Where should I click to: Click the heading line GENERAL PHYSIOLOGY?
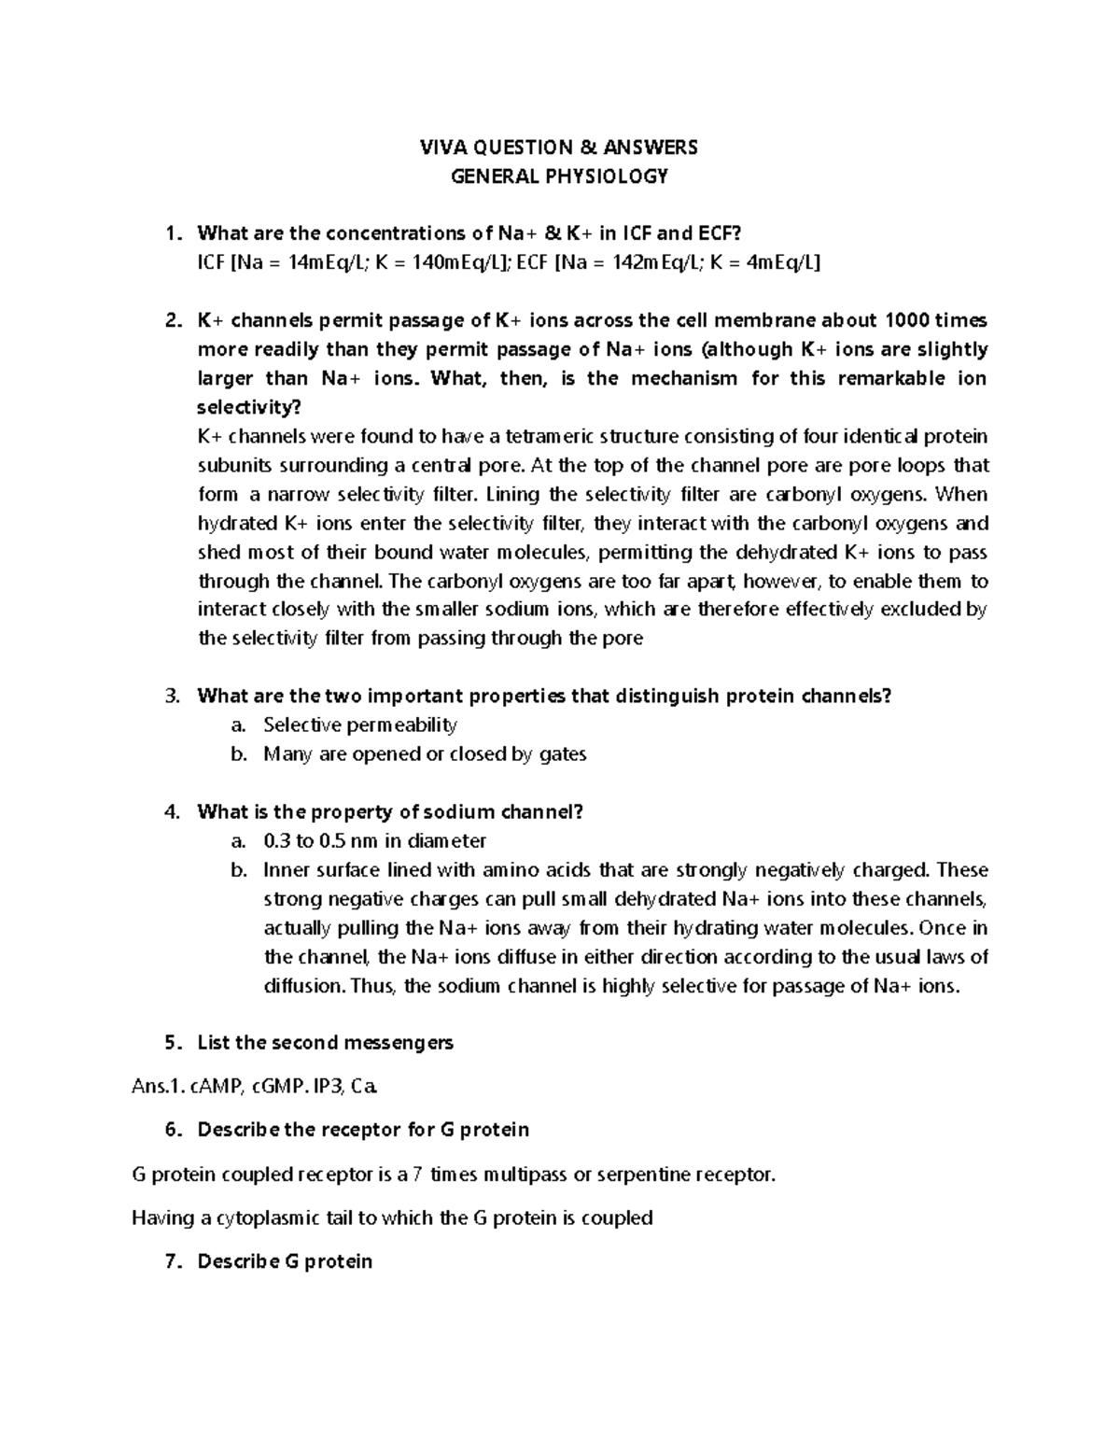tap(559, 176)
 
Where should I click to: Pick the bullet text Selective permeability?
tap(359, 725)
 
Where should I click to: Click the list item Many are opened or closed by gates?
tap(425, 753)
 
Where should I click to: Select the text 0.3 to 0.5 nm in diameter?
tap(374, 840)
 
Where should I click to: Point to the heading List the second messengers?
tap(325, 1042)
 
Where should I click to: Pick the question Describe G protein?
tap(285, 1261)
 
